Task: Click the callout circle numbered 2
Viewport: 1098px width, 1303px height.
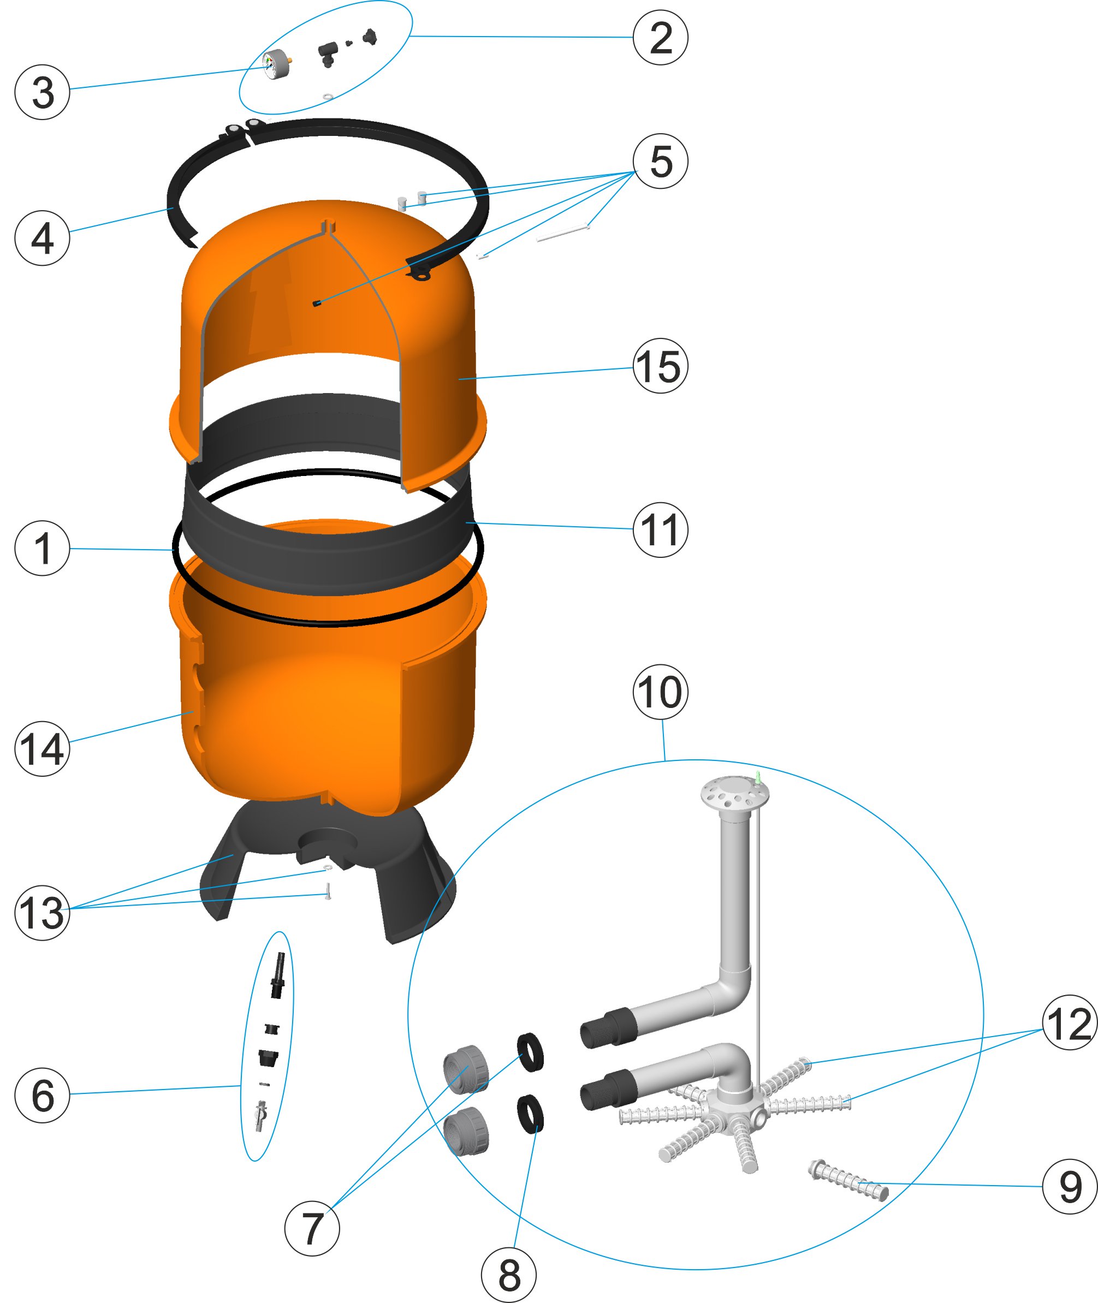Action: coord(661,37)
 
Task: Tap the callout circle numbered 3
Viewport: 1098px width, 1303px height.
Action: coord(43,92)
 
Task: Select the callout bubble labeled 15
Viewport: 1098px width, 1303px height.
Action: coord(661,366)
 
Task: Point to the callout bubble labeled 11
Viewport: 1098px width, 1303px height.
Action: coord(661,529)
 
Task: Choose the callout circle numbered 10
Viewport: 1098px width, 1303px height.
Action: coord(661,692)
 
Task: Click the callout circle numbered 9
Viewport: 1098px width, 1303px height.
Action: coord(1070,1186)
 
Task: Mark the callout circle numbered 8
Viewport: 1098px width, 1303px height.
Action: coord(508,1275)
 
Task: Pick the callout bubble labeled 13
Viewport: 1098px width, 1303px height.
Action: coord(43,913)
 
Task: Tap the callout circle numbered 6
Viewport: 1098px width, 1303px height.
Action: coord(43,1095)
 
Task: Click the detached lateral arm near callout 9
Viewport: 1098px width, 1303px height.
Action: coord(848,1179)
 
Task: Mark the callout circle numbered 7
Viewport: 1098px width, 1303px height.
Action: coord(312,1228)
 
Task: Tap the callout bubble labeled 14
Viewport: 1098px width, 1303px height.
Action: coord(43,748)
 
